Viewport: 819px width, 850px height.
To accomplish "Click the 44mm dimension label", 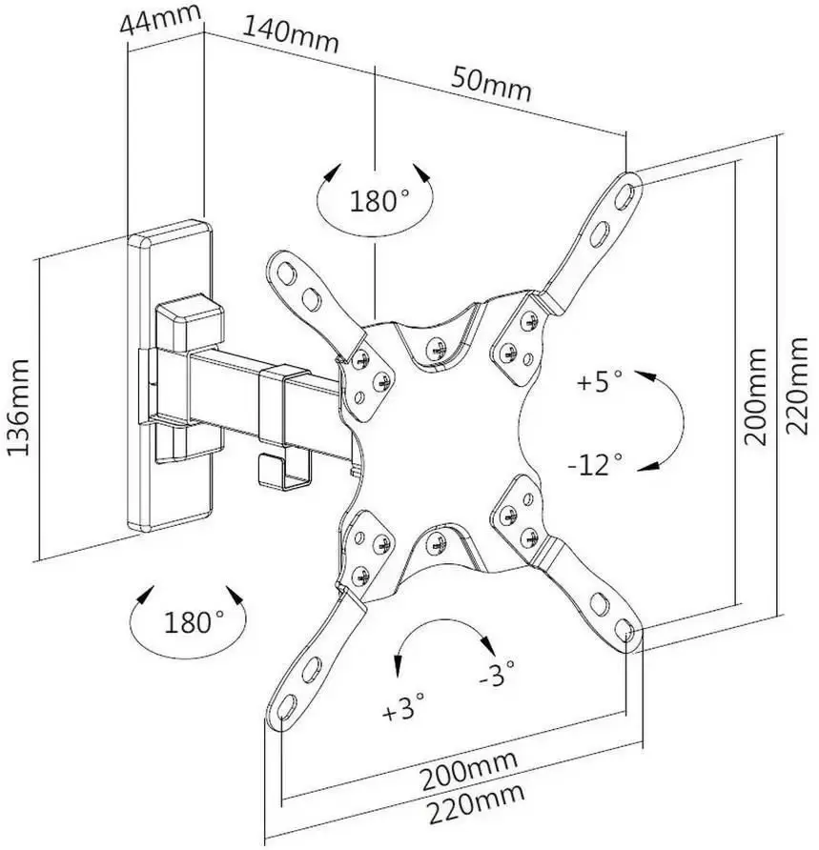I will [162, 19].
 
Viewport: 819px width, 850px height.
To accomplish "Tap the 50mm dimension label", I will [490, 84].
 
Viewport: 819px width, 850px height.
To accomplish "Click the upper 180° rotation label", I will [378, 202].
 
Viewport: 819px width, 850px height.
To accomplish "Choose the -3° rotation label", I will [496, 675].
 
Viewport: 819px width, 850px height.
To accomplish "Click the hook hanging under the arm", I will [283, 468].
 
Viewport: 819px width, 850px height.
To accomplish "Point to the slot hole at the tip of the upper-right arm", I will [627, 191].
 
